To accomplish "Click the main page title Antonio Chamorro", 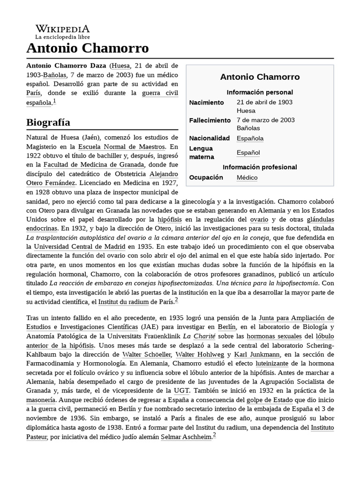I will (x=88, y=48).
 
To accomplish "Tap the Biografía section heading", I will (x=48, y=122).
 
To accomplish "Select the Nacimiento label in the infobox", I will (x=207, y=102).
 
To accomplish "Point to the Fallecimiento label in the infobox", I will (x=210, y=120).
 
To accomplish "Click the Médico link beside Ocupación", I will (x=247, y=178).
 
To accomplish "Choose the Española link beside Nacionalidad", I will (x=250, y=138).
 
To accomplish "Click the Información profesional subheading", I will (x=260, y=167).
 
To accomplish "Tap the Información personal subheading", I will (x=260, y=92).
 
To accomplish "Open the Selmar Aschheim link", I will (x=186, y=436).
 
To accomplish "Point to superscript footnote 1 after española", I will (x=54, y=101).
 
